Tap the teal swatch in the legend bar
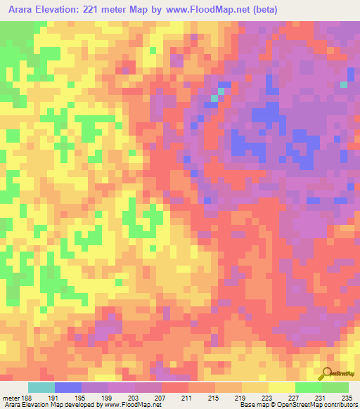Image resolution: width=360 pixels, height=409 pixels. (x=41, y=387)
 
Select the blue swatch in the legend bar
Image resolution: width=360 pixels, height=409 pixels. (x=68, y=387)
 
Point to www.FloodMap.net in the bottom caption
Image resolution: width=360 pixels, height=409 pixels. (x=131, y=405)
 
